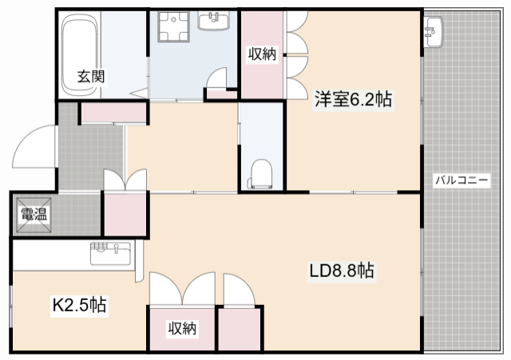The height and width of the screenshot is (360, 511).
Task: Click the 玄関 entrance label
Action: (x=91, y=77)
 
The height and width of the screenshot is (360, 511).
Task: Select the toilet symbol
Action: (x=260, y=173)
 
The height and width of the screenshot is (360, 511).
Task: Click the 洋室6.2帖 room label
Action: (x=352, y=100)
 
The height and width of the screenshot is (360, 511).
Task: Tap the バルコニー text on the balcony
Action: (x=461, y=180)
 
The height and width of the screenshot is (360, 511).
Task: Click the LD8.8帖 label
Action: (x=343, y=271)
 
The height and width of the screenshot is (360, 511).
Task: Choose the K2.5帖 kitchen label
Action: (x=80, y=304)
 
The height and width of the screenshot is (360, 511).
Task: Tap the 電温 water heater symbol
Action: (x=33, y=213)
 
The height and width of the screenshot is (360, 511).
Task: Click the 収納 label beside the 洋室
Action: (x=262, y=54)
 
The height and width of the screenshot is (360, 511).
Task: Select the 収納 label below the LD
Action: (x=183, y=327)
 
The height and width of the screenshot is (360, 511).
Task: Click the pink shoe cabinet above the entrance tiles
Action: (x=114, y=113)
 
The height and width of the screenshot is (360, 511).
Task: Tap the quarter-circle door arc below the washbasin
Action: (x=216, y=79)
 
